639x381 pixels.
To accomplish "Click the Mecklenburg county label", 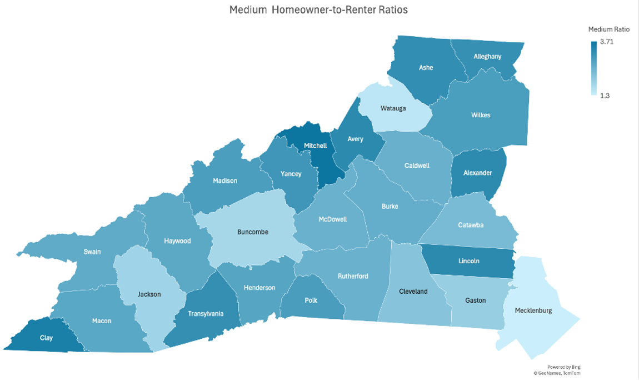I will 533,310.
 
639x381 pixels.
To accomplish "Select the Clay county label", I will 46,338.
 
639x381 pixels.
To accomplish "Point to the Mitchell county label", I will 315,146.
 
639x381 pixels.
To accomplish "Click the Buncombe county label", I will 253,232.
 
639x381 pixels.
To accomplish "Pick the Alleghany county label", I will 487,56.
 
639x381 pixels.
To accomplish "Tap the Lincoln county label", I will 469,261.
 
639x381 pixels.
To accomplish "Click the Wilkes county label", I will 481,115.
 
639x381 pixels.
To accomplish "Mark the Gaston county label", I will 475,300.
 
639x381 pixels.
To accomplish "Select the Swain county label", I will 92,252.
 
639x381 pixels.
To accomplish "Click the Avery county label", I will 355,139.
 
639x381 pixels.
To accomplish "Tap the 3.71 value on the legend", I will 607,42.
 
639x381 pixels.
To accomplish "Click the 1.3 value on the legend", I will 605,96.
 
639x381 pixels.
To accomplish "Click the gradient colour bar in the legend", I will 594,69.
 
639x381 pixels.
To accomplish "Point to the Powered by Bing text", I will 563,367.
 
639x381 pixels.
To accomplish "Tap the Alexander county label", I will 478,173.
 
